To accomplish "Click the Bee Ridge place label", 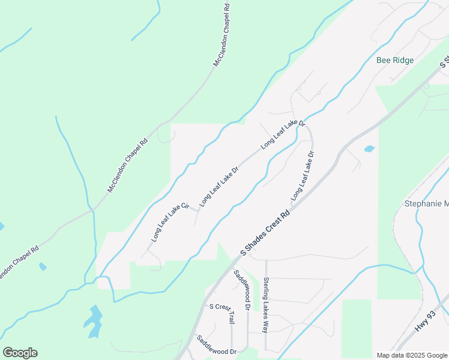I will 396,60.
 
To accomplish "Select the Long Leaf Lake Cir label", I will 170,222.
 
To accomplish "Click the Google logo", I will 20,353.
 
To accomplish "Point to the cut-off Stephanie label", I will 426,204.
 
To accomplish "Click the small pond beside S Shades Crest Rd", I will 369,148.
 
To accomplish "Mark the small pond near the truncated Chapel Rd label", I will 43,266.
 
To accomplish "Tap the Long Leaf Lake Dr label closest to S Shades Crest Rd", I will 303,176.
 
